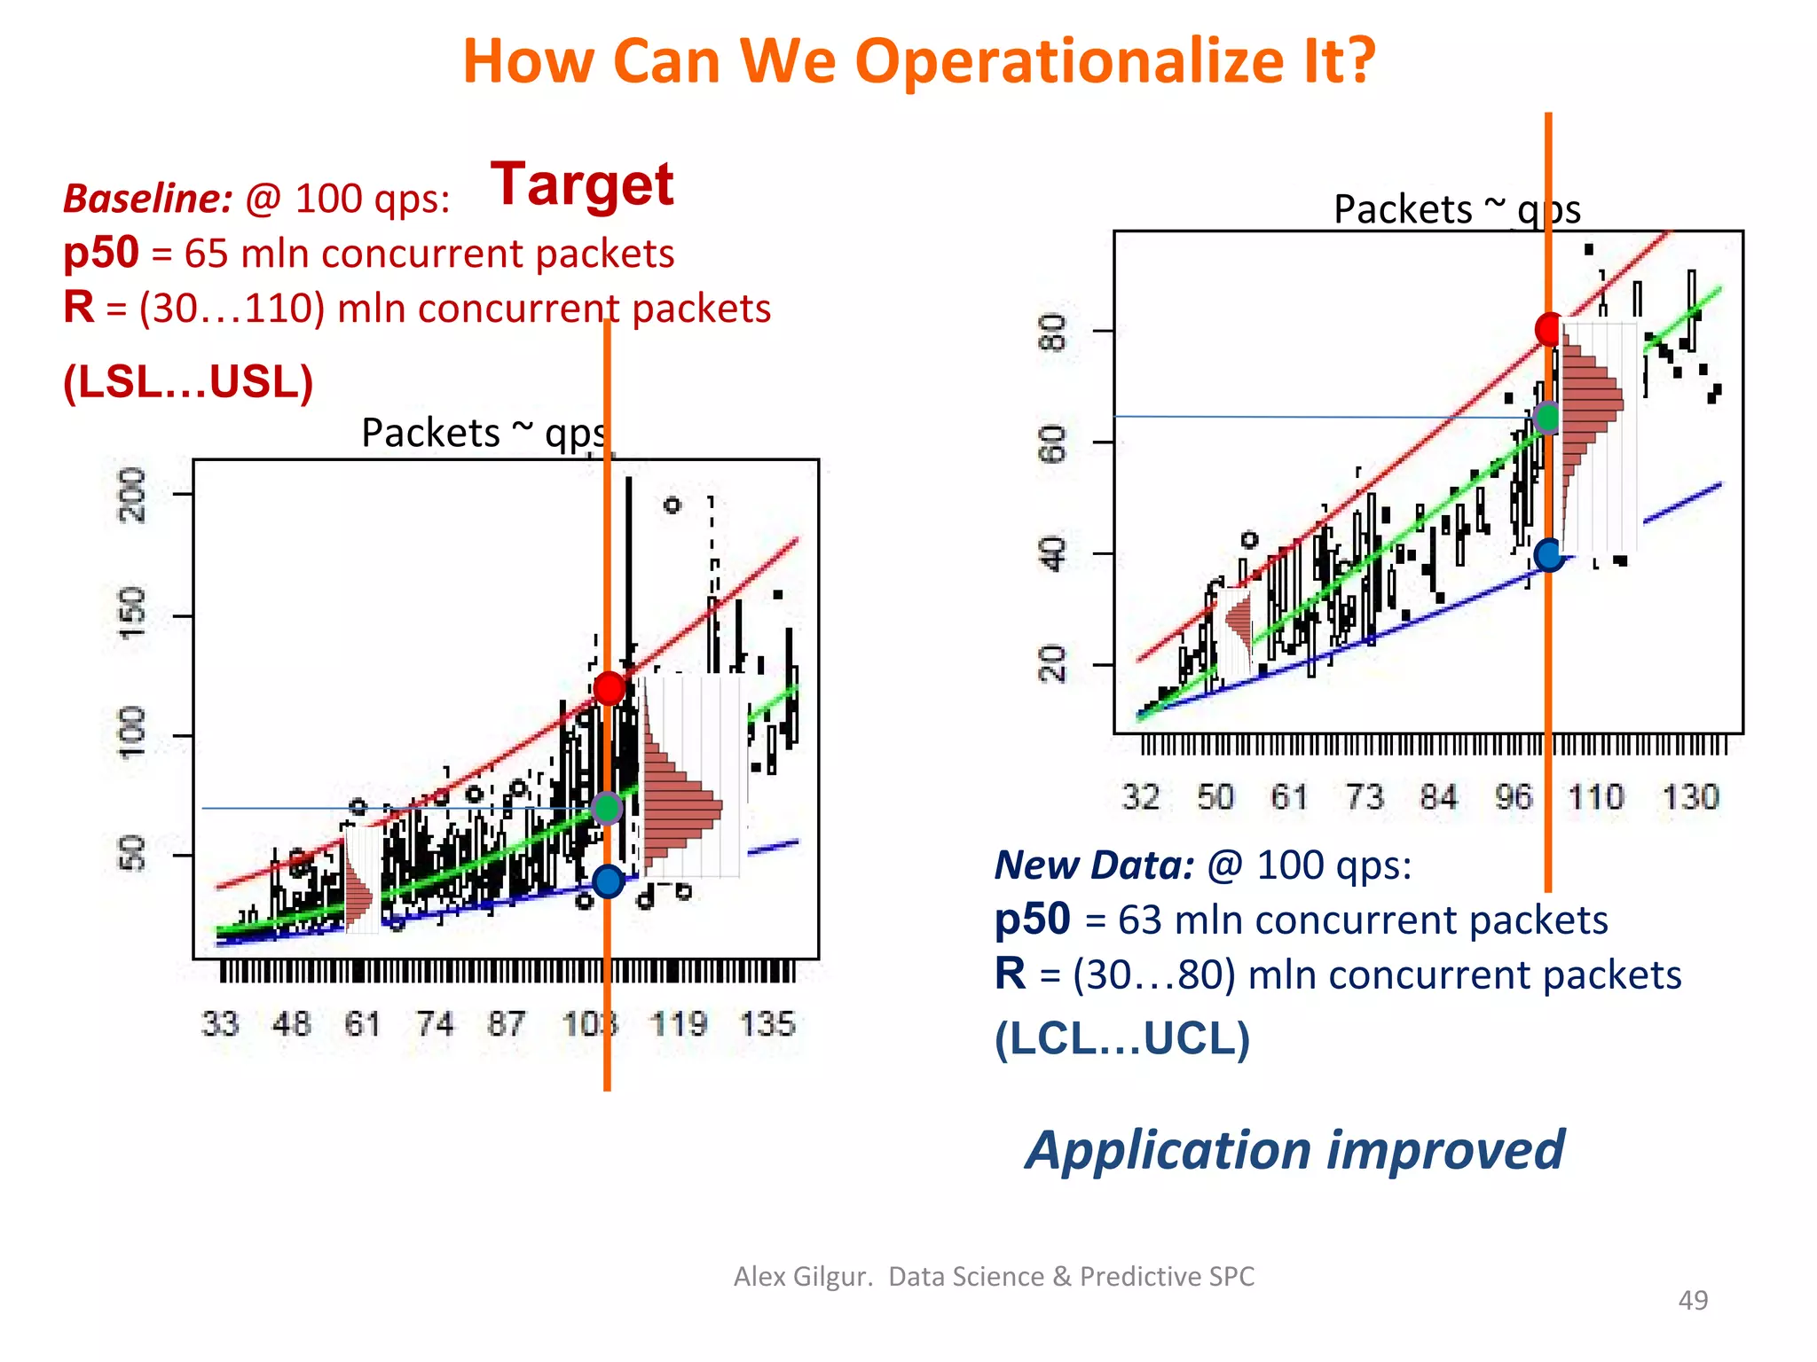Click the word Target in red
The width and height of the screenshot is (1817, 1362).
[x=582, y=184]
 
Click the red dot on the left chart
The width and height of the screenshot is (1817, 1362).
[x=610, y=687]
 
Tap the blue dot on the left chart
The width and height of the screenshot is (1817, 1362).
[x=609, y=881]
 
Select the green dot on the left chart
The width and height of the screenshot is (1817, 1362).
[x=607, y=808]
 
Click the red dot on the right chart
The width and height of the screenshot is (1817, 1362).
[x=1550, y=329]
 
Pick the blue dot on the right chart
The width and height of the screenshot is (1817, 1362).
[x=1549, y=555]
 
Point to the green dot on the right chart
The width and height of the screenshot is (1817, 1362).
[x=1548, y=417]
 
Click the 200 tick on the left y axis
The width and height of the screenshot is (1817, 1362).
[x=133, y=494]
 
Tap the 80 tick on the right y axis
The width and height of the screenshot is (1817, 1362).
[x=1053, y=332]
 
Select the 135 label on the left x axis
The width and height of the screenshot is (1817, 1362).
[x=767, y=1024]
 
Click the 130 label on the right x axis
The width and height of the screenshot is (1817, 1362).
[x=1691, y=797]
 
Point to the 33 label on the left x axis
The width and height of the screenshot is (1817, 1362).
[x=220, y=1024]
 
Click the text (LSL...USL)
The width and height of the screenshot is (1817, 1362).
[x=188, y=382]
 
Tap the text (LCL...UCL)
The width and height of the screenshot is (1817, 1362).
[x=1121, y=1038]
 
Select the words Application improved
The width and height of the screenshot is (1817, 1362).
[x=1294, y=1150]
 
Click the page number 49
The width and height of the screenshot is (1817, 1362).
[x=1693, y=1300]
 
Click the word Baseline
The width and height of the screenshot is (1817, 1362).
[x=147, y=199]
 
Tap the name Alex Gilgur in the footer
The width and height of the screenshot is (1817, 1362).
[x=803, y=1276]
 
